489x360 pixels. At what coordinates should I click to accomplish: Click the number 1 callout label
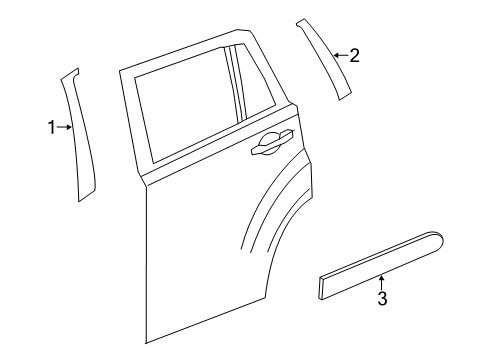coord(53,127)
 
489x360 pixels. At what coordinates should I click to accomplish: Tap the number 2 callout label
coord(353,56)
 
